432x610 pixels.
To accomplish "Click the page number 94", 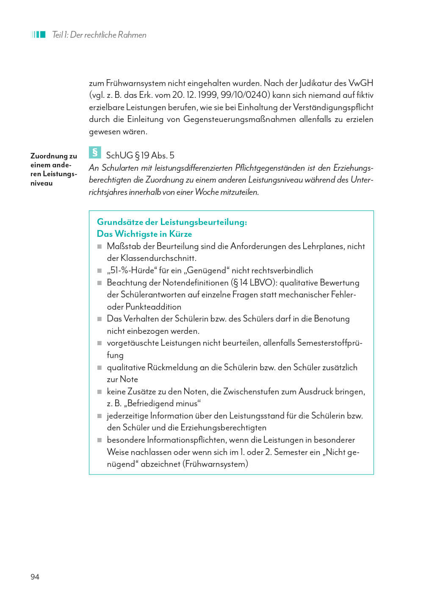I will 35,577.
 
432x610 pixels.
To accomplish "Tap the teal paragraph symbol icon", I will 95,152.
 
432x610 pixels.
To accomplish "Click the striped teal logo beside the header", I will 38,34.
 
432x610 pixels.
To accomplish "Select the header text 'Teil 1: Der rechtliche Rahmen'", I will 99,35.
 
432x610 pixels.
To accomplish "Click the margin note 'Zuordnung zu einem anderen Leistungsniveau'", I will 54,169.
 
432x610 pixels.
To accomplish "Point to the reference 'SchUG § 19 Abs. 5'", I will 140,155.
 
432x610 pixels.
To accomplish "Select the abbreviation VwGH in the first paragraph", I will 360,83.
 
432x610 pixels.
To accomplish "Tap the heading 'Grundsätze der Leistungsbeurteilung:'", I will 172,222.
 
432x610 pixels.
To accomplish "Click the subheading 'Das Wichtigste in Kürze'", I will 144,234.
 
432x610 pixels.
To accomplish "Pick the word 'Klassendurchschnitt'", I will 158,258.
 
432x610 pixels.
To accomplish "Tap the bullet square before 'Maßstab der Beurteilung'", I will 100,247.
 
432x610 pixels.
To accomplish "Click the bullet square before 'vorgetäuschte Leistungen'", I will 100,343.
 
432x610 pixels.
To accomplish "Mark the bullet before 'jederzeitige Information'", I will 100,416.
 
